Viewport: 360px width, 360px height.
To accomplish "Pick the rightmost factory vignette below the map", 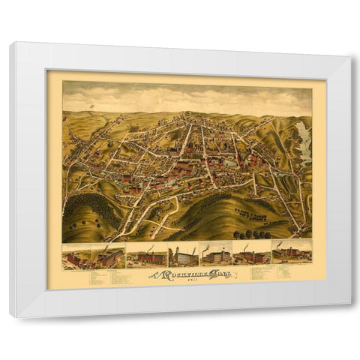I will pos(292,254).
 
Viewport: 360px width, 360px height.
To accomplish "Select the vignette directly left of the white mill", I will pos(147,256).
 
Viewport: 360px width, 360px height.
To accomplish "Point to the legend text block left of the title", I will pos(105,277).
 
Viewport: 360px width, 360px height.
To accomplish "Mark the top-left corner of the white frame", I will pos(11,43).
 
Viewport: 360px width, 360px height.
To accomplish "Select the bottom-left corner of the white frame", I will pos(10,316).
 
